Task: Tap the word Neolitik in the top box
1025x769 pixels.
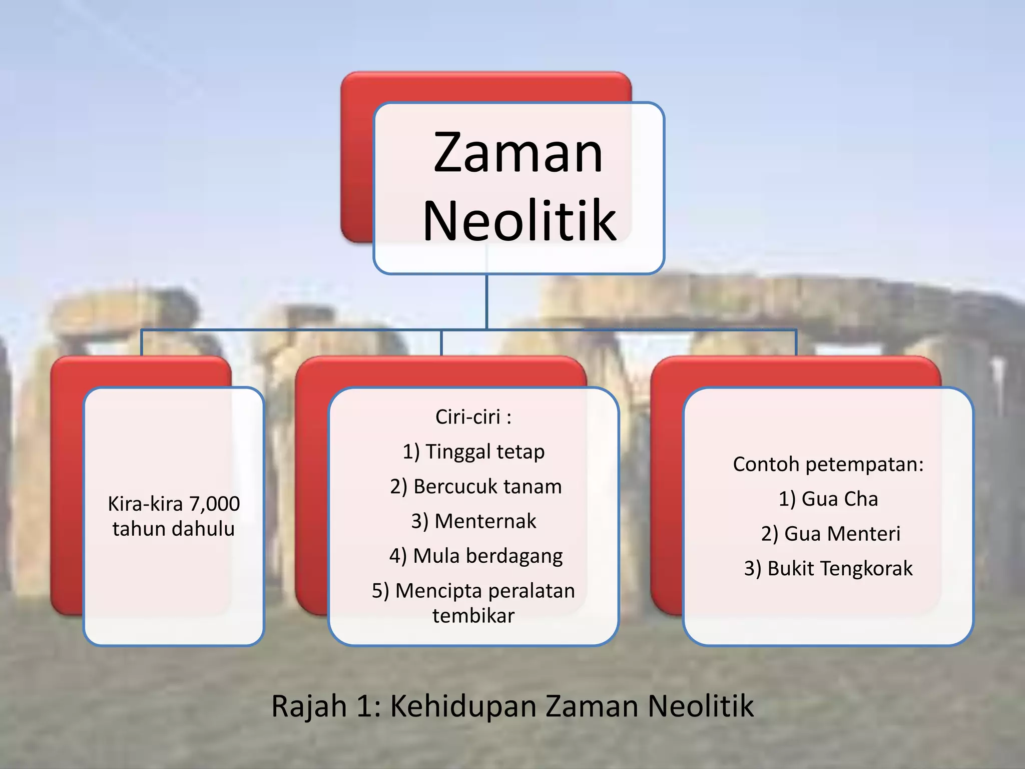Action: coord(520,221)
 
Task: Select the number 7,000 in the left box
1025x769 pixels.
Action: coord(214,504)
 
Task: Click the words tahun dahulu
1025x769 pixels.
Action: coord(174,529)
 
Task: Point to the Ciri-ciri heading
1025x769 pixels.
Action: coord(473,417)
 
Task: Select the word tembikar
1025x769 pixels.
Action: coord(473,616)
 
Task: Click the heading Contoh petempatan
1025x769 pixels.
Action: coord(828,464)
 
